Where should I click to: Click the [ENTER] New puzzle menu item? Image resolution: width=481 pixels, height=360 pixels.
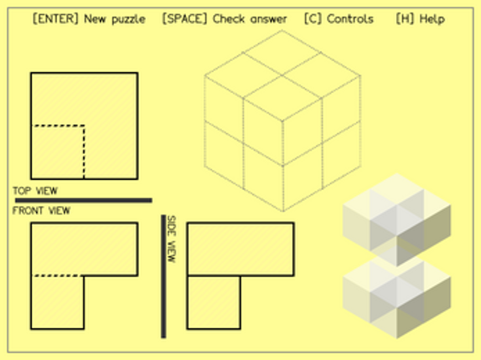pos(89,19)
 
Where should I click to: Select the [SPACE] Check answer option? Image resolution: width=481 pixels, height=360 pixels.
pos(225,19)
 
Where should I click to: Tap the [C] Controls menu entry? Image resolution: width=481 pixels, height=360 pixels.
pos(339,19)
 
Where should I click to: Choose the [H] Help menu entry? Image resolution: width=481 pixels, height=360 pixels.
pos(421,19)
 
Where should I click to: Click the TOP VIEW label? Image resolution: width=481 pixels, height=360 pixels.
pos(35,191)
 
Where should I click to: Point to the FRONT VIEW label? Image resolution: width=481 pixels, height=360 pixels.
pos(41,210)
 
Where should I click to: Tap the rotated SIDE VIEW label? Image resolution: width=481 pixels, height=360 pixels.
pos(172,239)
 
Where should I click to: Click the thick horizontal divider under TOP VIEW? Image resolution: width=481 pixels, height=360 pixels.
pos(84,200)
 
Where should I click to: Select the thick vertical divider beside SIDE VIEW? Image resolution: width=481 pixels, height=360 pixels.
pos(163,276)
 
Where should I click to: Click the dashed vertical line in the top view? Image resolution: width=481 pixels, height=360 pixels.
pos(84,152)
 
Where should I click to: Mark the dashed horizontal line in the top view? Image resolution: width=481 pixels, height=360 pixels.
pos(58,126)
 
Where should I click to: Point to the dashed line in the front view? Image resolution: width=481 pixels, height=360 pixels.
pos(57,275)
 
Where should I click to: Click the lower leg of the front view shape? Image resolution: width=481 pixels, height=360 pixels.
pos(57,302)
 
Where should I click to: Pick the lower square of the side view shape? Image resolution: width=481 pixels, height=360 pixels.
pos(214,302)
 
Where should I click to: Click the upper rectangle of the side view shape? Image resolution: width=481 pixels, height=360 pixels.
pos(240,249)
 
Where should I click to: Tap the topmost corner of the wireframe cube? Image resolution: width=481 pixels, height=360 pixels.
pos(282,30)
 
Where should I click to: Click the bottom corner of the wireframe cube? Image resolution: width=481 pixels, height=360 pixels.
pos(283,211)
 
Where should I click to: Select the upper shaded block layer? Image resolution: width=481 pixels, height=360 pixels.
pos(396,219)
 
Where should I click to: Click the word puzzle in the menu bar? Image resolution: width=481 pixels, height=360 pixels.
pos(128,19)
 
